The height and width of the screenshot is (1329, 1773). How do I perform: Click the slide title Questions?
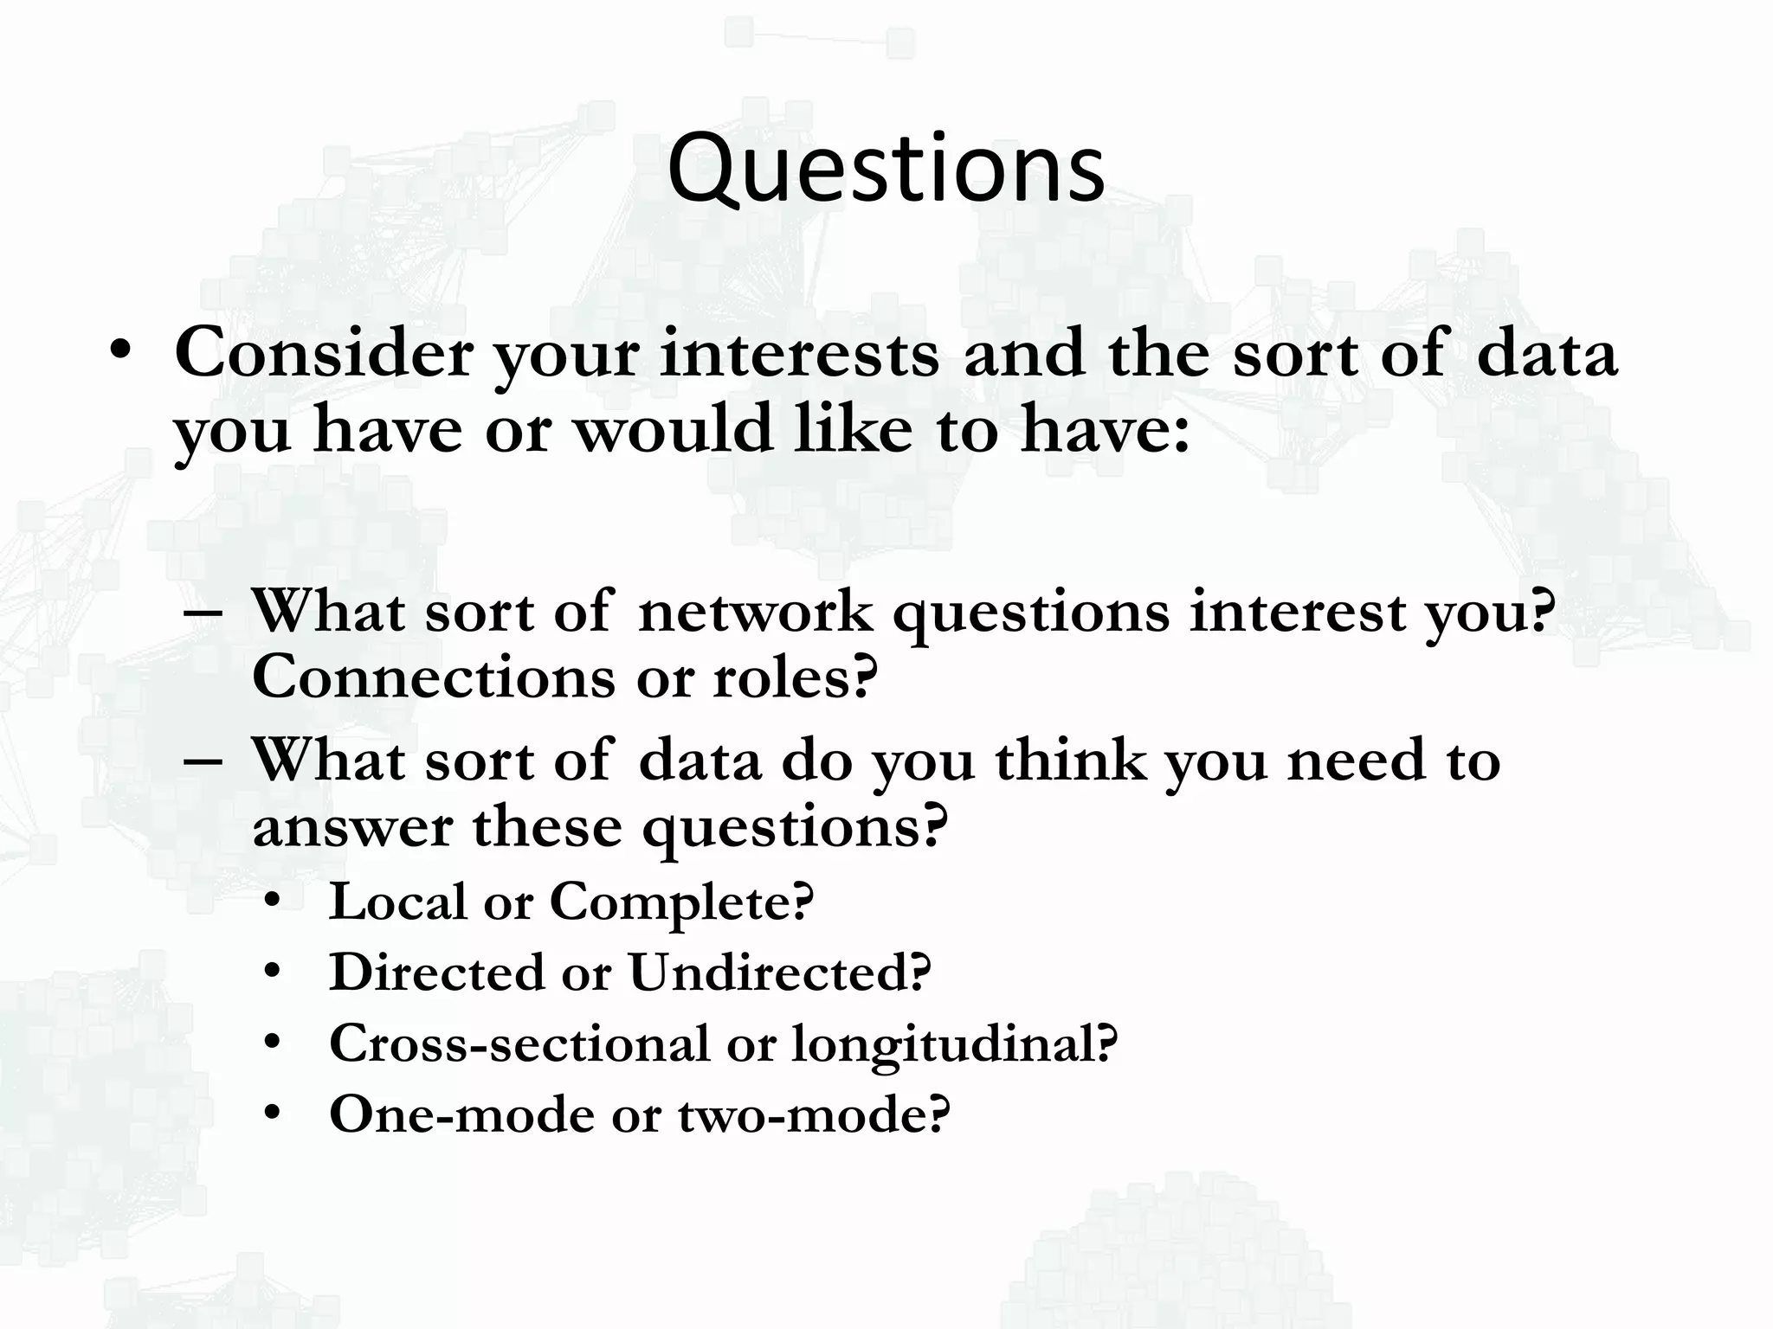tap(886, 169)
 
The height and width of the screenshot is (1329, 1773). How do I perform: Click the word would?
tap(674, 429)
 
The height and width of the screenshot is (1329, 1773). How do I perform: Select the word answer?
tap(351, 827)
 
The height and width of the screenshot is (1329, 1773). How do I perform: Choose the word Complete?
tap(682, 902)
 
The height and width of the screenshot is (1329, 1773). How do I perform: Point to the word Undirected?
tap(779, 973)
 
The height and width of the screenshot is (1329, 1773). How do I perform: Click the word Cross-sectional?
tap(519, 1043)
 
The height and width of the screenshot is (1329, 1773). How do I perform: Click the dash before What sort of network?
tap(204, 613)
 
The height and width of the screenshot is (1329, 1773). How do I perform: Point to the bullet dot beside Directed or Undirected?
tap(274, 973)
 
